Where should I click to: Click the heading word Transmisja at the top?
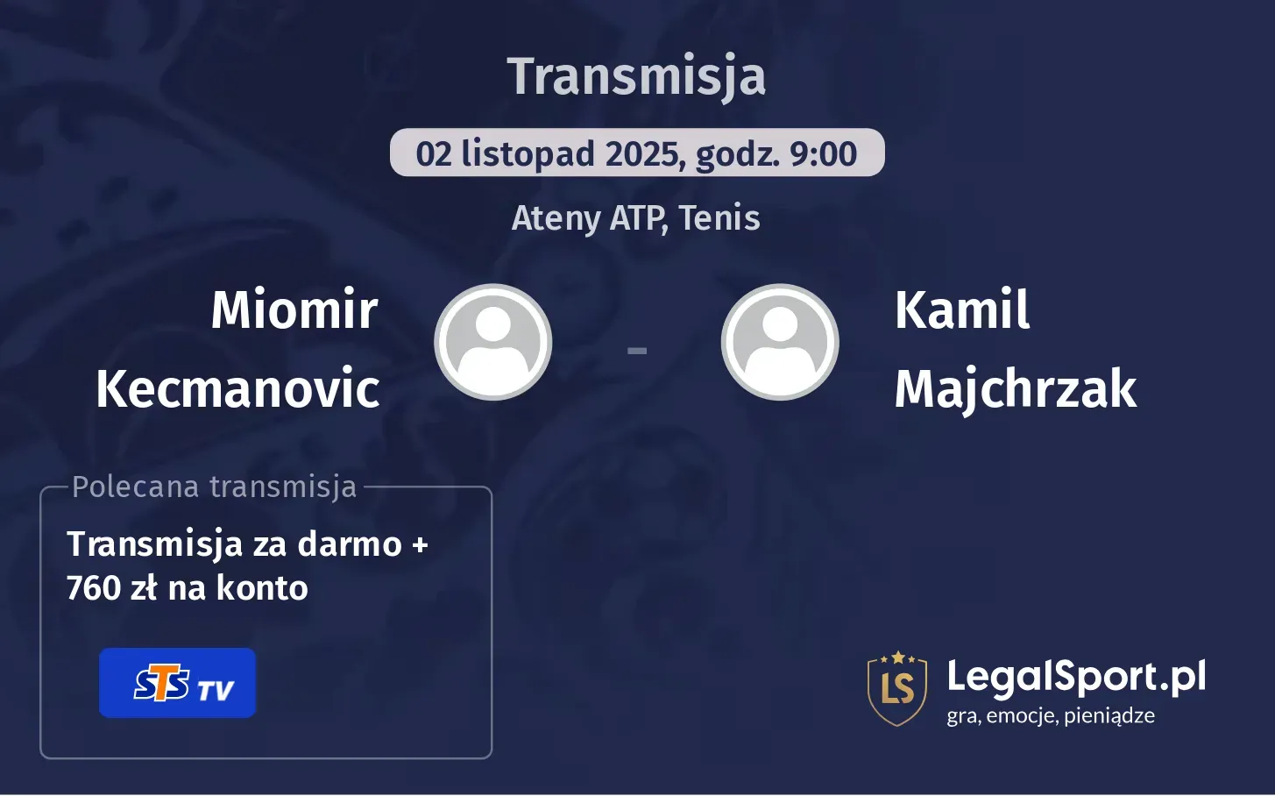pyautogui.click(x=636, y=76)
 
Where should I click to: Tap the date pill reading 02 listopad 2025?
pyautogui.click(x=636, y=153)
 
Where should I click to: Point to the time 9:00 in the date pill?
pyautogui.click(x=823, y=154)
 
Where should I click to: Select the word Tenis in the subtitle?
pyautogui.click(x=719, y=218)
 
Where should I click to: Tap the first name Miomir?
pyautogui.click(x=294, y=309)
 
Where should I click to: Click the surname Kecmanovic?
pyautogui.click(x=237, y=388)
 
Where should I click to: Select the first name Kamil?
pyautogui.click(x=962, y=309)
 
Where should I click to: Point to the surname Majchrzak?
pyautogui.click(x=1015, y=388)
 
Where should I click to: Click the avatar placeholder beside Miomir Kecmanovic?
pyautogui.click(x=493, y=342)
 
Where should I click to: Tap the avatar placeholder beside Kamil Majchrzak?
pyautogui.click(x=780, y=342)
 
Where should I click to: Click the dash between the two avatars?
pyautogui.click(x=637, y=351)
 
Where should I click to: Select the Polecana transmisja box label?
pyautogui.click(x=215, y=487)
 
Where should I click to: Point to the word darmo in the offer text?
pyautogui.click(x=350, y=544)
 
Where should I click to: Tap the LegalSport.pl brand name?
pyautogui.click(x=1076, y=677)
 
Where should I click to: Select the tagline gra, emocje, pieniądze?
pyautogui.click(x=1050, y=715)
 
